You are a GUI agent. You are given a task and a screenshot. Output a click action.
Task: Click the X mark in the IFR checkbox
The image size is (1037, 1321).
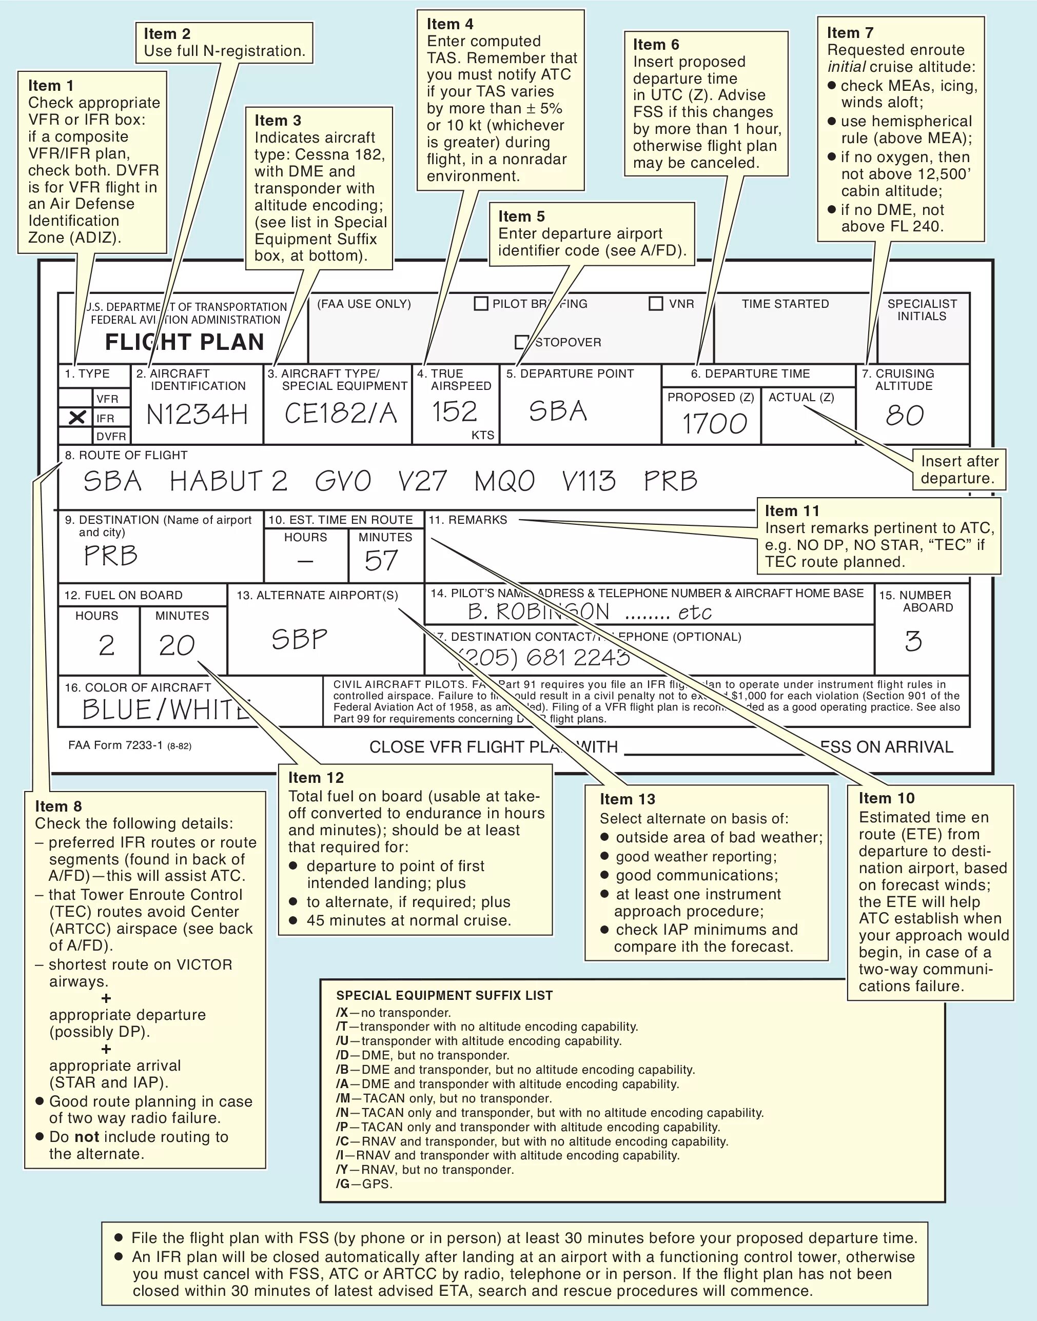tap(77, 418)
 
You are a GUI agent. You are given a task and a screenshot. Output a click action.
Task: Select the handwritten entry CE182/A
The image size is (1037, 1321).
tap(341, 413)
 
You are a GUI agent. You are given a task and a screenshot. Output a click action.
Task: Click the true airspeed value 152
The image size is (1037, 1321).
tap(454, 411)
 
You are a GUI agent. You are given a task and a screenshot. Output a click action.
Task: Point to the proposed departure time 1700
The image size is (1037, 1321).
tap(714, 424)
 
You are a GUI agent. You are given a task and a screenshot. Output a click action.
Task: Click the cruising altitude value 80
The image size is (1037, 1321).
tap(905, 415)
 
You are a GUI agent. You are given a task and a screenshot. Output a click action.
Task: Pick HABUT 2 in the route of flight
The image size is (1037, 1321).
tap(228, 481)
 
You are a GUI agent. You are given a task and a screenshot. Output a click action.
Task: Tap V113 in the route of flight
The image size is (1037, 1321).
tap(589, 481)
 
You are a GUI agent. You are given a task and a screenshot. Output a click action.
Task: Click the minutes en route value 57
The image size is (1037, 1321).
tap(381, 560)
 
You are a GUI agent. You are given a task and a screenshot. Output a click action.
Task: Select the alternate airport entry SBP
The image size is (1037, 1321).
tap(299, 639)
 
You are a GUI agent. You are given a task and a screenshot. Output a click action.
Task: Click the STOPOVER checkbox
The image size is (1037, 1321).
tap(521, 342)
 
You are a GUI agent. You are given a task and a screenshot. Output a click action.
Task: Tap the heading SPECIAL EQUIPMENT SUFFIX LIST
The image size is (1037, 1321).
tap(444, 996)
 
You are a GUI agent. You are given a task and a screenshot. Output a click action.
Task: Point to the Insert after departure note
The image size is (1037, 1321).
tap(958, 469)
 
